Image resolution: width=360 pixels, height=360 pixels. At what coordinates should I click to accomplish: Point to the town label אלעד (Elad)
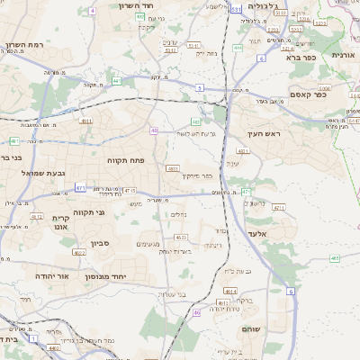coord(282,233)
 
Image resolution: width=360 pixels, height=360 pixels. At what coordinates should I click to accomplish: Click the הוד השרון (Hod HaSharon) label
coord(139,5)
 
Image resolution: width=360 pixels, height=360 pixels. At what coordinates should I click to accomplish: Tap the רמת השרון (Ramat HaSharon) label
coord(24,45)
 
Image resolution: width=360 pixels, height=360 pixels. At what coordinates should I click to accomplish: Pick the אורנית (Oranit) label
coord(345,55)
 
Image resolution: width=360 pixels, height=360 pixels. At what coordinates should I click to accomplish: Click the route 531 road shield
coord(236,9)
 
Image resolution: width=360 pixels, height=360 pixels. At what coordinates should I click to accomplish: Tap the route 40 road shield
coord(155,130)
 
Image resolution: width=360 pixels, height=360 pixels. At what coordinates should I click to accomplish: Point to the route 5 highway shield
coord(198,87)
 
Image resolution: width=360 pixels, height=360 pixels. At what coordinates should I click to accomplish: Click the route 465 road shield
coord(334,258)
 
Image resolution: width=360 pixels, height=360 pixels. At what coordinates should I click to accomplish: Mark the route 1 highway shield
coord(31,343)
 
